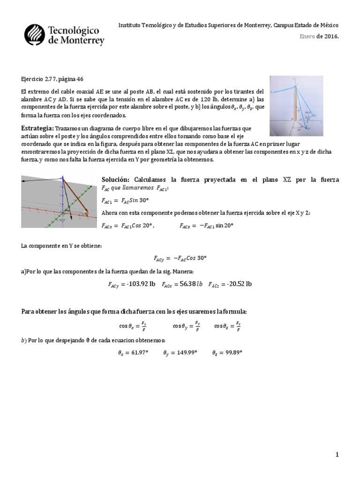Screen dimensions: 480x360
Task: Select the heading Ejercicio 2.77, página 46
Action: tap(52, 80)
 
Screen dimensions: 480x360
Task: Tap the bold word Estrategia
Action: tap(37, 128)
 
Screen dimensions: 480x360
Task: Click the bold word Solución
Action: tap(115, 180)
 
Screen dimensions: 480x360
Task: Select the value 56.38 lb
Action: tap(188, 284)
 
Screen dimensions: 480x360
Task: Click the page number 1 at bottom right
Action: tap(337, 454)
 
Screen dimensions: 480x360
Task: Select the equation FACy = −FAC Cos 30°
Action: tap(180, 258)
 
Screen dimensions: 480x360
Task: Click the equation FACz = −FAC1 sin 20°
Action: tap(206, 225)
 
